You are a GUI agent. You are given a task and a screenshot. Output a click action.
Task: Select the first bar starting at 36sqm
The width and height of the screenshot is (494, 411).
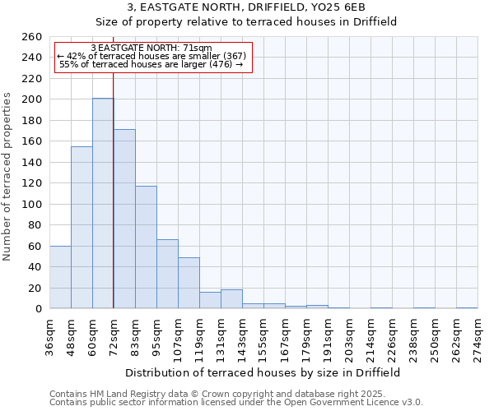pyautogui.click(x=60, y=277)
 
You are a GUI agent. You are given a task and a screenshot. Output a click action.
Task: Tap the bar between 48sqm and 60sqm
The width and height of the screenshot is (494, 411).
pyautogui.click(x=82, y=227)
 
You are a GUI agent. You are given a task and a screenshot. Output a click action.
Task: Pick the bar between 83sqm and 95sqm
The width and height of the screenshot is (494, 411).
pyautogui.click(x=146, y=247)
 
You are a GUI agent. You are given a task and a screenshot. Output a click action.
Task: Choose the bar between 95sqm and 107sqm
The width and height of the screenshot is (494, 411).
pyautogui.click(x=167, y=274)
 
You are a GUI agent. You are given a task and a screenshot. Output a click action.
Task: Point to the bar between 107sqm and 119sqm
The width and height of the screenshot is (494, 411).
pyautogui.click(x=189, y=283)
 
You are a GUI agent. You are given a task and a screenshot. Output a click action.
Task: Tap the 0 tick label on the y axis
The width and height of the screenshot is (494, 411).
pyautogui.click(x=38, y=309)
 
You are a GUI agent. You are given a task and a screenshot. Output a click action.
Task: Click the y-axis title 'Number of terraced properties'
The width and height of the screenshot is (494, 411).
pyautogui.click(x=8, y=176)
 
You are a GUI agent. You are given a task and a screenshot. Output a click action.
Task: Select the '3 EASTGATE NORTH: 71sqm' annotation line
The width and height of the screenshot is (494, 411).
pyautogui.click(x=151, y=48)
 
